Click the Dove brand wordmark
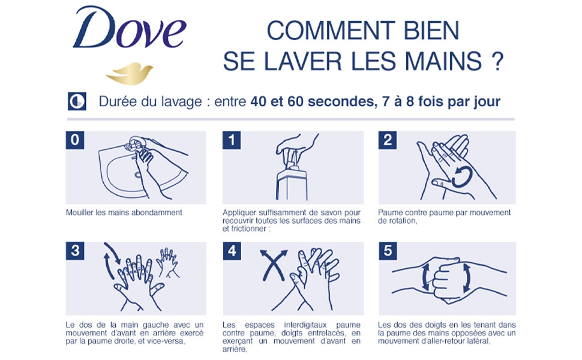point(129,29)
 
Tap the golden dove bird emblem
point(129,73)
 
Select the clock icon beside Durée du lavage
point(77,101)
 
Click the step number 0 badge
point(74,140)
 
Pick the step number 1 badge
point(232,140)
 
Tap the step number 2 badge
point(388,140)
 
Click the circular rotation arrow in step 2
point(461,177)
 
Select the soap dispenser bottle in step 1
point(292,179)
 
